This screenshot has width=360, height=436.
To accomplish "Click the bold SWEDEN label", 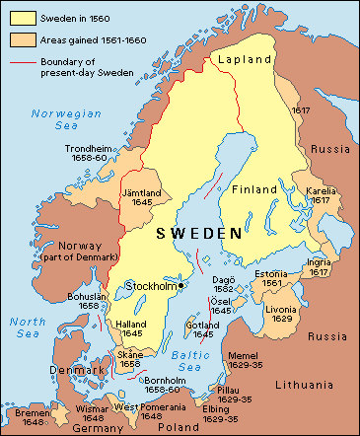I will [200, 234].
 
